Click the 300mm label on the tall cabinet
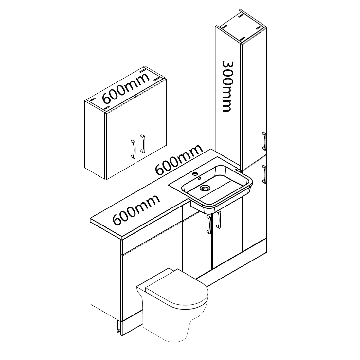[226, 86]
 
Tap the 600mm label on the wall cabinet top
[125, 88]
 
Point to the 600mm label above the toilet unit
[136, 210]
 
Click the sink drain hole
[204, 189]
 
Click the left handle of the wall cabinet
[133, 149]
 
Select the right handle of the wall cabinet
[143, 144]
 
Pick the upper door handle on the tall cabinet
[264, 141]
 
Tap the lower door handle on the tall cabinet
[264, 174]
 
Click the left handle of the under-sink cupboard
[209, 225]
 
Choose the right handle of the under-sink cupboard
[219, 220]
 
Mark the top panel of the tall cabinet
[241, 26]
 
